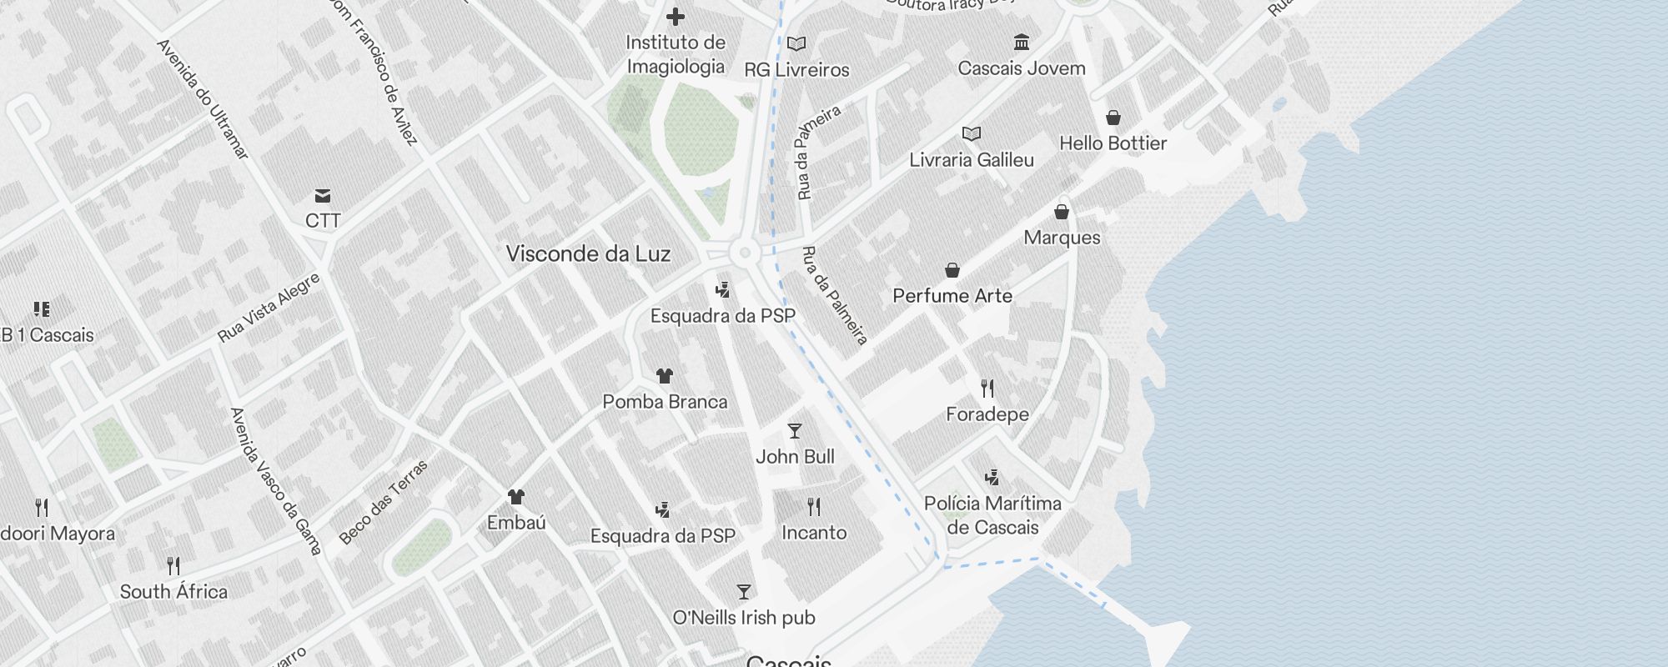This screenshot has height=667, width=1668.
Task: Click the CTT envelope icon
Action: (x=323, y=196)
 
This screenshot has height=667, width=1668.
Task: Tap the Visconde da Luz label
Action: (x=588, y=254)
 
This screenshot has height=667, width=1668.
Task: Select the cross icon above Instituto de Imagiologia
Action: (x=676, y=17)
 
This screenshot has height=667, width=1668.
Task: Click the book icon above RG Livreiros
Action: (x=796, y=43)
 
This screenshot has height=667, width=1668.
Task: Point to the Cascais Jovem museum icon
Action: (x=1022, y=42)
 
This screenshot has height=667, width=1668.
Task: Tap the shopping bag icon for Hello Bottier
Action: (x=1113, y=118)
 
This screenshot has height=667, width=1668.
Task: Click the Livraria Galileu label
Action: (x=972, y=160)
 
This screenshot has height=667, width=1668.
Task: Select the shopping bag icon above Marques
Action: (x=1062, y=212)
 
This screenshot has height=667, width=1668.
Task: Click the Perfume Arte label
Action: (x=952, y=296)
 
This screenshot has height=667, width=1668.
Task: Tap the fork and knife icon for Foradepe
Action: (x=987, y=388)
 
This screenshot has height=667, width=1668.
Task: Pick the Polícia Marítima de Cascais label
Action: (x=992, y=515)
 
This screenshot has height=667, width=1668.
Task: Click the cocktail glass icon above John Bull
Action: (x=795, y=431)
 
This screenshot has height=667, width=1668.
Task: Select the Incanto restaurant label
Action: (x=814, y=533)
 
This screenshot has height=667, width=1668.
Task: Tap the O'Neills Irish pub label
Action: (x=744, y=618)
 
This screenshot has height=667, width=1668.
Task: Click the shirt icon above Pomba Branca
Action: (x=665, y=376)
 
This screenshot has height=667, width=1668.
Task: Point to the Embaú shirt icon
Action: (x=516, y=497)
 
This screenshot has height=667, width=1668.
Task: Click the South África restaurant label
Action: (x=173, y=592)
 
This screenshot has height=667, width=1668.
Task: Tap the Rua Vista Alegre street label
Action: (x=269, y=308)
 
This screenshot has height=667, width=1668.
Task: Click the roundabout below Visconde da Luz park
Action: (x=745, y=253)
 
